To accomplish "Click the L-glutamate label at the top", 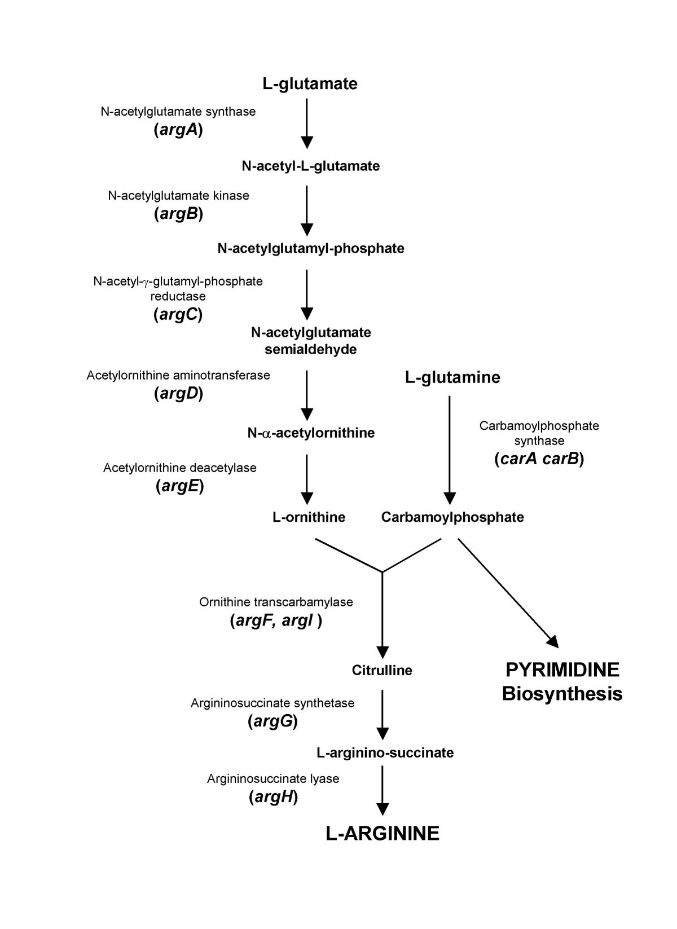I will [x=310, y=84].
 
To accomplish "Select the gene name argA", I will [x=178, y=131].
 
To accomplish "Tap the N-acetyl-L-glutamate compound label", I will [x=310, y=166].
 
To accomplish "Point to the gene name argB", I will [x=178, y=214].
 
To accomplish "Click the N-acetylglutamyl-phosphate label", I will [x=311, y=248].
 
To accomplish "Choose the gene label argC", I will [x=178, y=315].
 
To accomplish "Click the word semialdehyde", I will [x=311, y=350].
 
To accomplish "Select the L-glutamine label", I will [x=452, y=377].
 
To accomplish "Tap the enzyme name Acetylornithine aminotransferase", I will [x=178, y=375].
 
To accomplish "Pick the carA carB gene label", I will [x=539, y=459].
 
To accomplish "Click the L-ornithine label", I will [x=309, y=517].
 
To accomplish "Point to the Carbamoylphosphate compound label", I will [x=452, y=517].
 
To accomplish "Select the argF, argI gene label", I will [x=276, y=621].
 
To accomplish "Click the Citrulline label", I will [x=382, y=671].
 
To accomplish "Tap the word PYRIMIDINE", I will [x=562, y=670].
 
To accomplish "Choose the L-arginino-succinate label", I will [x=385, y=753].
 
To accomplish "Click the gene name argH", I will [x=273, y=797].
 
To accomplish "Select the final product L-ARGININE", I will [x=383, y=834].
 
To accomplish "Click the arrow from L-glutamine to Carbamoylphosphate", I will [x=449, y=446].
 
